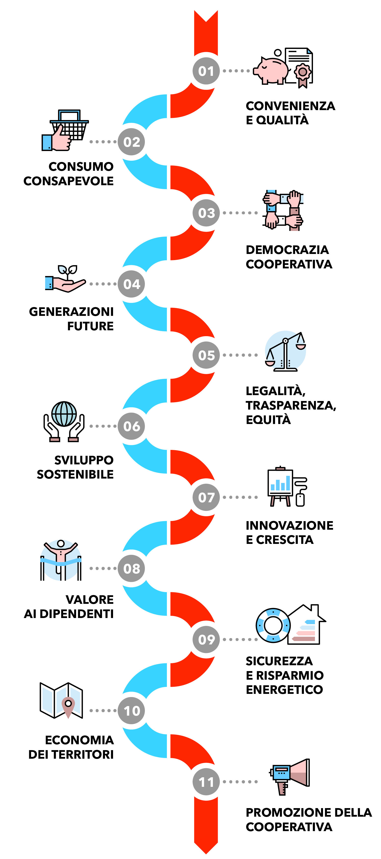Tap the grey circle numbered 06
[x=131, y=426]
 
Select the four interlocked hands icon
[x=283, y=210]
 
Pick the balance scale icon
[x=286, y=352]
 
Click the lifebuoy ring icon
[x=273, y=625]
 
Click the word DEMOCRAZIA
[x=287, y=250]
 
